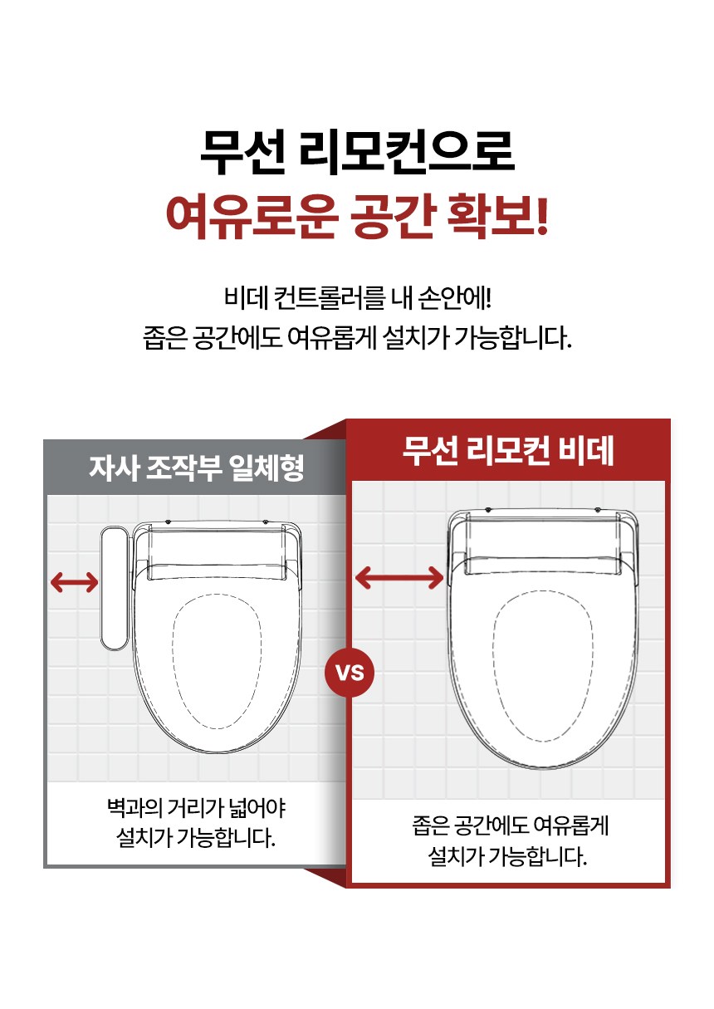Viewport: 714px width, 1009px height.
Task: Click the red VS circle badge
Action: click(x=350, y=673)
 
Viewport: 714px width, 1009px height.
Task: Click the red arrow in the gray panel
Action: click(x=74, y=582)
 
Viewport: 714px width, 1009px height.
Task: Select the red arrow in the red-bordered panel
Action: click(x=399, y=577)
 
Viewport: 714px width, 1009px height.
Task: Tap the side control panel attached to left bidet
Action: click(x=115, y=588)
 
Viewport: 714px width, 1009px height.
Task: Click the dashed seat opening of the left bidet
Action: click(x=217, y=662)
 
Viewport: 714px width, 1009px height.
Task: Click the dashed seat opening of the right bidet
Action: click(x=542, y=666)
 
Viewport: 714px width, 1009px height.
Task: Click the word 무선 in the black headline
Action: click(x=243, y=152)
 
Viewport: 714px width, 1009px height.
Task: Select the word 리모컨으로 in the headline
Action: click(x=408, y=152)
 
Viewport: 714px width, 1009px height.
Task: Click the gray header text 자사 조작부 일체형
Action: click(x=197, y=468)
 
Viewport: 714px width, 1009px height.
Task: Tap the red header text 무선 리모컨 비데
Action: click(x=508, y=451)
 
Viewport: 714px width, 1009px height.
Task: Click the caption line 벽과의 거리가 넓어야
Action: click(x=197, y=808)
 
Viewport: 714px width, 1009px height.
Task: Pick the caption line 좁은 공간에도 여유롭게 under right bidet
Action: click(x=511, y=825)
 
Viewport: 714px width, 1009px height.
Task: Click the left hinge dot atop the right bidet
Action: click(x=488, y=509)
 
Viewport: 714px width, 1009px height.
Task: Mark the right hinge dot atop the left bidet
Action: click(x=265, y=522)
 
